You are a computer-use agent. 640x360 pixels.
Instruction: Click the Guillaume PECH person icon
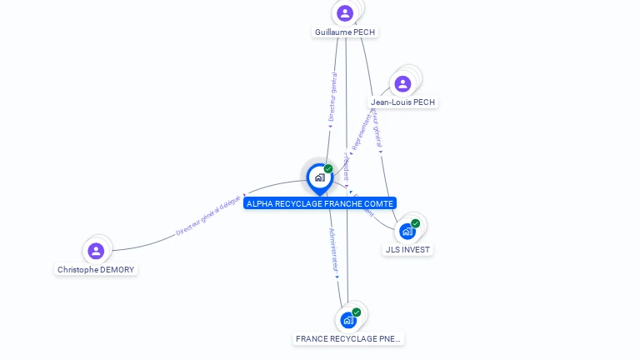[345, 13]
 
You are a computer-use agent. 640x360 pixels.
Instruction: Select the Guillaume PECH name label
[345, 32]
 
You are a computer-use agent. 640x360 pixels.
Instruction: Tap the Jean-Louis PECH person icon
[402, 83]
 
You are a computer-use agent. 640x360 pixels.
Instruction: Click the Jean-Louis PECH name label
[403, 102]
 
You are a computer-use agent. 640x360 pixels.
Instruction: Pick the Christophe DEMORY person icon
[96, 250]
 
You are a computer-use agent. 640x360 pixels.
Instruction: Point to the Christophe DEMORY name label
[96, 270]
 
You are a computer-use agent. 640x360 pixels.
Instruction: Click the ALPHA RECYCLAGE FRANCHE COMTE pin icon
[319, 177]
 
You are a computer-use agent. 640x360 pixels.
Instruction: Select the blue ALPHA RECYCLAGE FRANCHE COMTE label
[320, 203]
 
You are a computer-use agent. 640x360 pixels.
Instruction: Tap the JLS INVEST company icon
[407, 231]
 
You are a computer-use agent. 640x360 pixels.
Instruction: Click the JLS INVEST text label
[408, 249]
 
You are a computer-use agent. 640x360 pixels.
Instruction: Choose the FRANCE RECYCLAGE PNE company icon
[348, 320]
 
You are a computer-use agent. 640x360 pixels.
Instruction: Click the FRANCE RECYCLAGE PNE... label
[348, 339]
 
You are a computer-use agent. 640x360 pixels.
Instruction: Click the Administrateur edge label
[333, 251]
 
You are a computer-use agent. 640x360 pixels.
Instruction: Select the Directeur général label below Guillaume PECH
[332, 99]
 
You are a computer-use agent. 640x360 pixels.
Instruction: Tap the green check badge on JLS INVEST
[415, 223]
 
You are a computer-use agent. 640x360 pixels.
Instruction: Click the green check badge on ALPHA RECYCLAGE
[328, 169]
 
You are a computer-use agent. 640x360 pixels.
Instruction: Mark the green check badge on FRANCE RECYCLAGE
[357, 312]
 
